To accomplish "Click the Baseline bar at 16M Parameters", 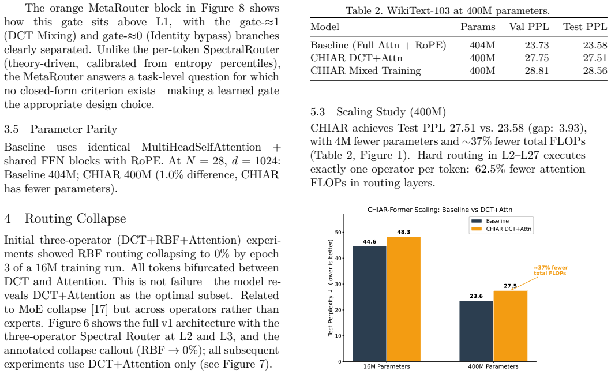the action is tap(369, 304).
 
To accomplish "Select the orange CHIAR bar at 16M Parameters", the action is tap(404, 299).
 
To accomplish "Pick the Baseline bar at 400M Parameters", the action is tap(476, 331).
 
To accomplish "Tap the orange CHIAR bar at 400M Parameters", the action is tap(511, 326).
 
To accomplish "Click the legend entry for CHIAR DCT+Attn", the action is tap(501, 229).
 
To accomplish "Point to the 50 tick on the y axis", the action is tap(338, 233).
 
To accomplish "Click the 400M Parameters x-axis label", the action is tap(493, 366).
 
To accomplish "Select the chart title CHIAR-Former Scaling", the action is tap(440, 210).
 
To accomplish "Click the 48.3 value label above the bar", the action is tap(404, 231).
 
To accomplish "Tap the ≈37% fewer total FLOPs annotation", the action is tap(550, 270).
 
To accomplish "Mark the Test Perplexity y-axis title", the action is tap(331, 288).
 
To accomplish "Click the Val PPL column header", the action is tap(528, 27).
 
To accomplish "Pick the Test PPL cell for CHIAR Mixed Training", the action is tap(595, 70).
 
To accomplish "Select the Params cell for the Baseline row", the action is tap(482, 45).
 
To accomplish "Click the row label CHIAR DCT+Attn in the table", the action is tap(357, 58).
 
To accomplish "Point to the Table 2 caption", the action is tap(448, 10).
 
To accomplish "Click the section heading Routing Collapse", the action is tap(75, 218).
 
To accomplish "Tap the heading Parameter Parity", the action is tap(74, 129).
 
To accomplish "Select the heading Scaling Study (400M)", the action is tap(391, 112).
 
